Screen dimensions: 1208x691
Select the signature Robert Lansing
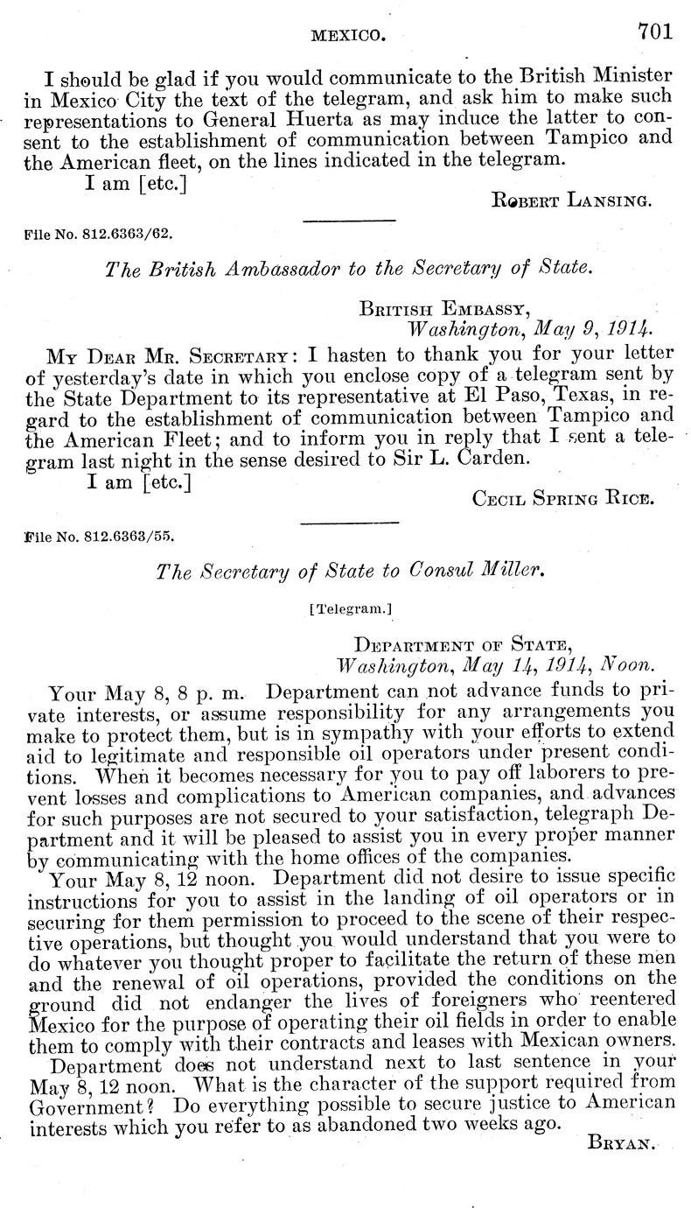[570, 200]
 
